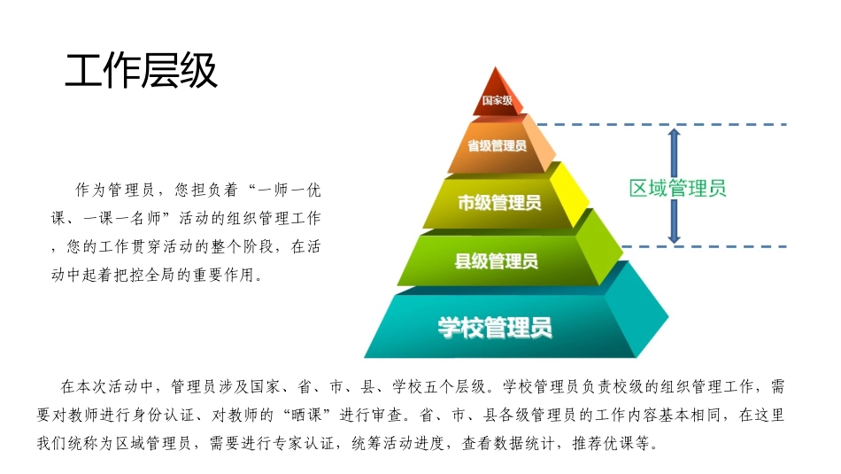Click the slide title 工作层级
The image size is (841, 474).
(x=141, y=72)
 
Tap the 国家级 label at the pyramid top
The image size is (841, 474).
(x=497, y=101)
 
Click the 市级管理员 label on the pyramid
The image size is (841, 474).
(x=498, y=202)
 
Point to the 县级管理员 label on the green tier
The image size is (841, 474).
(x=496, y=260)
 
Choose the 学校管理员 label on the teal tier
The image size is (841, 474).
(x=495, y=327)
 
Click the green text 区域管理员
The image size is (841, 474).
(x=677, y=188)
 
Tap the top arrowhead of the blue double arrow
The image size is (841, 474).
(x=675, y=133)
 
